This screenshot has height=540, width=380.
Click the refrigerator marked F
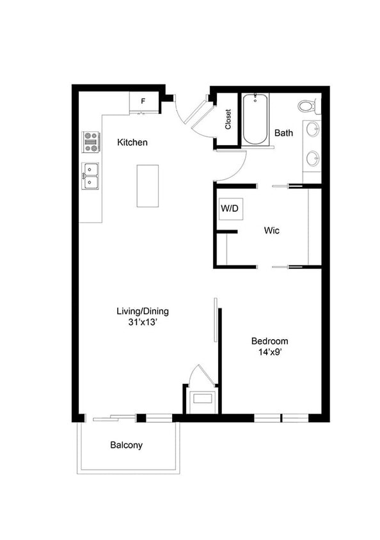[x=143, y=101]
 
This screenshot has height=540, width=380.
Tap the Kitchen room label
[x=132, y=142]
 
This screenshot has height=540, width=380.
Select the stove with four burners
[x=90, y=142]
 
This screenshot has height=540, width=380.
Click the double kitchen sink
[x=90, y=177]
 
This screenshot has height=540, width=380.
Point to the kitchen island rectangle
[x=148, y=186]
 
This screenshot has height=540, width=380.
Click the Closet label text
[x=228, y=119]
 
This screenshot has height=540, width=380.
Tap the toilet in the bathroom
[x=307, y=105]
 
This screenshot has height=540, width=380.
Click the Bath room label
[x=283, y=133]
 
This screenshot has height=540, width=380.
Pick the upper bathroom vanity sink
[x=312, y=130]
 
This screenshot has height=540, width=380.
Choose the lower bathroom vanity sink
[x=312, y=157]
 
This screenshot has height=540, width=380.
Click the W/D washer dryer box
[x=228, y=209]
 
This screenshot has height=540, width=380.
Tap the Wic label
[x=273, y=230]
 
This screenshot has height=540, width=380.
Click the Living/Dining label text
[x=142, y=312]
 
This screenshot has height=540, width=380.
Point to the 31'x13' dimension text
[x=142, y=323]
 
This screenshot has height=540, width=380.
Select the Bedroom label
[x=269, y=341]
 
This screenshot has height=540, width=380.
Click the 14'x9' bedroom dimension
[x=269, y=352]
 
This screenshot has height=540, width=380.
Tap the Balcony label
[x=126, y=445]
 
